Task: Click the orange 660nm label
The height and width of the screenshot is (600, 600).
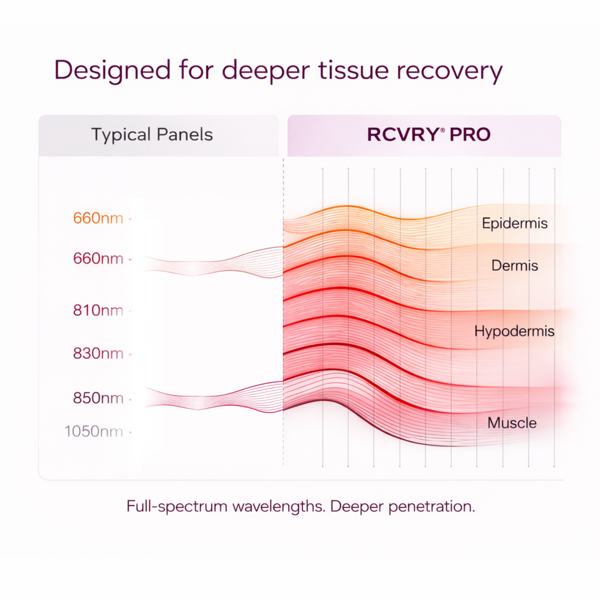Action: pyautogui.click(x=98, y=218)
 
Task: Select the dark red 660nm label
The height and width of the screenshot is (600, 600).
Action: pyautogui.click(x=98, y=259)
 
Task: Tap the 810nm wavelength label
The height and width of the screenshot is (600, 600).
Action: pyautogui.click(x=98, y=310)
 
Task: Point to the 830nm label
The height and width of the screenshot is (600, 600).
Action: pyautogui.click(x=98, y=353)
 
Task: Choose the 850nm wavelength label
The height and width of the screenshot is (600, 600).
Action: pyautogui.click(x=98, y=398)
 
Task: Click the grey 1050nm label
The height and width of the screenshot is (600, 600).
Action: pyautogui.click(x=93, y=431)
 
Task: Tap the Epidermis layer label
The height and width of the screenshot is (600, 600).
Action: pyautogui.click(x=514, y=223)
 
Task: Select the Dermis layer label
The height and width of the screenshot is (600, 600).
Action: pyautogui.click(x=514, y=265)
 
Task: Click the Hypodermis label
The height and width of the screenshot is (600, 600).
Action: pyautogui.click(x=514, y=331)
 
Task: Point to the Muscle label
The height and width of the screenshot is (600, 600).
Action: pyautogui.click(x=512, y=423)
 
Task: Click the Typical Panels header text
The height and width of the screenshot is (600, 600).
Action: pyautogui.click(x=152, y=135)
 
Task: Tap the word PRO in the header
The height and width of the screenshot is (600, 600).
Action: pyautogui.click(x=470, y=135)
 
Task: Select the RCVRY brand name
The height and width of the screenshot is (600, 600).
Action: pyautogui.click(x=403, y=135)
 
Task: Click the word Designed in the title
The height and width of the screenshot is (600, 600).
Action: pyautogui.click(x=113, y=70)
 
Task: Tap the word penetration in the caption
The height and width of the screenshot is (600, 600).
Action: pyautogui.click(x=431, y=507)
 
